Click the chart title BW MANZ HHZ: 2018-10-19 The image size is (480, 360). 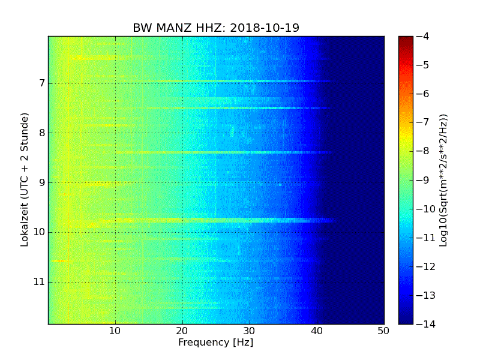[216, 28]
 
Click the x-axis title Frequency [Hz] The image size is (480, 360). [215, 343]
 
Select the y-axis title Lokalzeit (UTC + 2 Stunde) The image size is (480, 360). [25, 180]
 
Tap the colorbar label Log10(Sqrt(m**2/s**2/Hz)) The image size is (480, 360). [444, 180]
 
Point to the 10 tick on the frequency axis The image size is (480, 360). [115, 331]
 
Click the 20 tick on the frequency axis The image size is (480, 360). [182, 331]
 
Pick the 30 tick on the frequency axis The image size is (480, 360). [250, 331]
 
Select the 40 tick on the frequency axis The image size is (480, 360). [317, 331]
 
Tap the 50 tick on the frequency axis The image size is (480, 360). [384, 331]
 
